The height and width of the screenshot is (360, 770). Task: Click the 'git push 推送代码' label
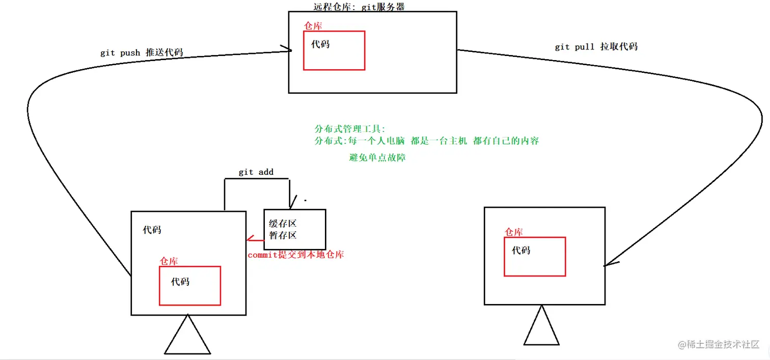[142, 52]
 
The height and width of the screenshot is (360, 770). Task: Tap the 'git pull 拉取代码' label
[596, 47]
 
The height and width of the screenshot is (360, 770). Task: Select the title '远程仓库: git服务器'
[360, 7]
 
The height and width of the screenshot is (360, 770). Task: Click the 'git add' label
[256, 172]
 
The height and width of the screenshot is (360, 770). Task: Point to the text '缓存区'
[283, 224]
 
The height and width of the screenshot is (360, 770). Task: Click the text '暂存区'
[283, 235]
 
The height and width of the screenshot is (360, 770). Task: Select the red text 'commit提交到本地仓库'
[295, 255]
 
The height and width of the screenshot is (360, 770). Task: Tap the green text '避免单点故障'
[377, 157]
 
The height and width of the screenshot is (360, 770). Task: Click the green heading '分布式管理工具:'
[350, 129]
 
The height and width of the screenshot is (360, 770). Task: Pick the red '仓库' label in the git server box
[313, 26]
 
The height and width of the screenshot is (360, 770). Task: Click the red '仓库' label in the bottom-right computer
[513, 232]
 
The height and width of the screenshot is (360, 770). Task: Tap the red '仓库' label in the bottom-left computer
[169, 261]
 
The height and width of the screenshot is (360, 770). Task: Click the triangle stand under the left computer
[187, 337]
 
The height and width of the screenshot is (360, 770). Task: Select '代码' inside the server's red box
[320, 44]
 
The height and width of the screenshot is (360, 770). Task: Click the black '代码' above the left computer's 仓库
[152, 230]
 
